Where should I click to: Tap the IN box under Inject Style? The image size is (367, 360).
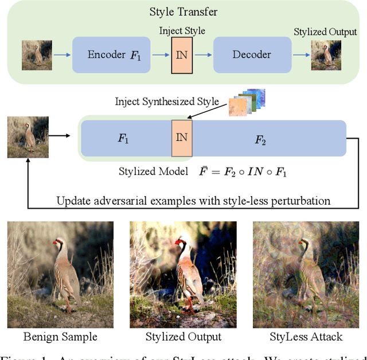click(182, 55)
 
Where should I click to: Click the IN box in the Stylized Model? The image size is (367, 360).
click(182, 138)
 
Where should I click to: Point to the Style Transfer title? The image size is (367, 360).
click(183, 11)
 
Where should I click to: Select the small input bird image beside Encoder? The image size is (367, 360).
click(37, 55)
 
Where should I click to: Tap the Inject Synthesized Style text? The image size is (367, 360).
click(167, 102)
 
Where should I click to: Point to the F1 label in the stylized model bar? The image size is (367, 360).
click(124, 138)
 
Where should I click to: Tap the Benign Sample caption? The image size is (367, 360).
click(60, 336)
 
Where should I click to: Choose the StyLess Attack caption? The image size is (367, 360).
click(306, 336)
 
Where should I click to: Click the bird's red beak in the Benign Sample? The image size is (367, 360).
click(55, 243)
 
